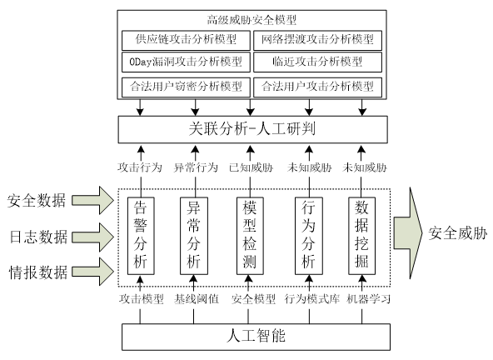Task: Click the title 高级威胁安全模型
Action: pos(251,20)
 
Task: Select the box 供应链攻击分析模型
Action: pos(186,40)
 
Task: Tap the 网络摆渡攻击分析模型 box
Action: pos(317,40)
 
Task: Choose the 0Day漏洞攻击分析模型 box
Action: pos(186,62)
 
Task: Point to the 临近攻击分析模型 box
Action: pos(317,62)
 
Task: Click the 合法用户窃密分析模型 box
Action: pos(186,87)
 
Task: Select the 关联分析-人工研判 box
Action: pos(253,129)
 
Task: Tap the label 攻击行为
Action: pos(140,167)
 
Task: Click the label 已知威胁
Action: pos(251,167)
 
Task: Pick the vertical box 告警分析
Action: pos(141,236)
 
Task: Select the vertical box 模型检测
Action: pos(250,236)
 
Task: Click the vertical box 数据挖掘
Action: pos(362,236)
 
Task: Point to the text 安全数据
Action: pos(37,201)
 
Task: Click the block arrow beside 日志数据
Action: pos(92,237)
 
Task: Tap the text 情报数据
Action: pos(38,272)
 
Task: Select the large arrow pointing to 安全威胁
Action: pos(408,233)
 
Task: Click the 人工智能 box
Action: pos(256,337)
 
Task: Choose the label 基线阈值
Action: pos(197,299)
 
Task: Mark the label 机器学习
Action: pos(368,299)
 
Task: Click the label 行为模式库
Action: pos(312,299)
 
